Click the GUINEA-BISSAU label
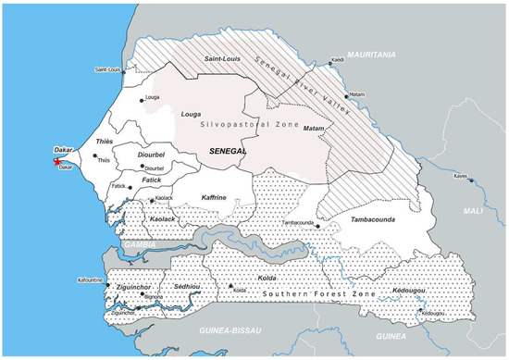coord(225,329)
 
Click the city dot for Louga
coord(142,100)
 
